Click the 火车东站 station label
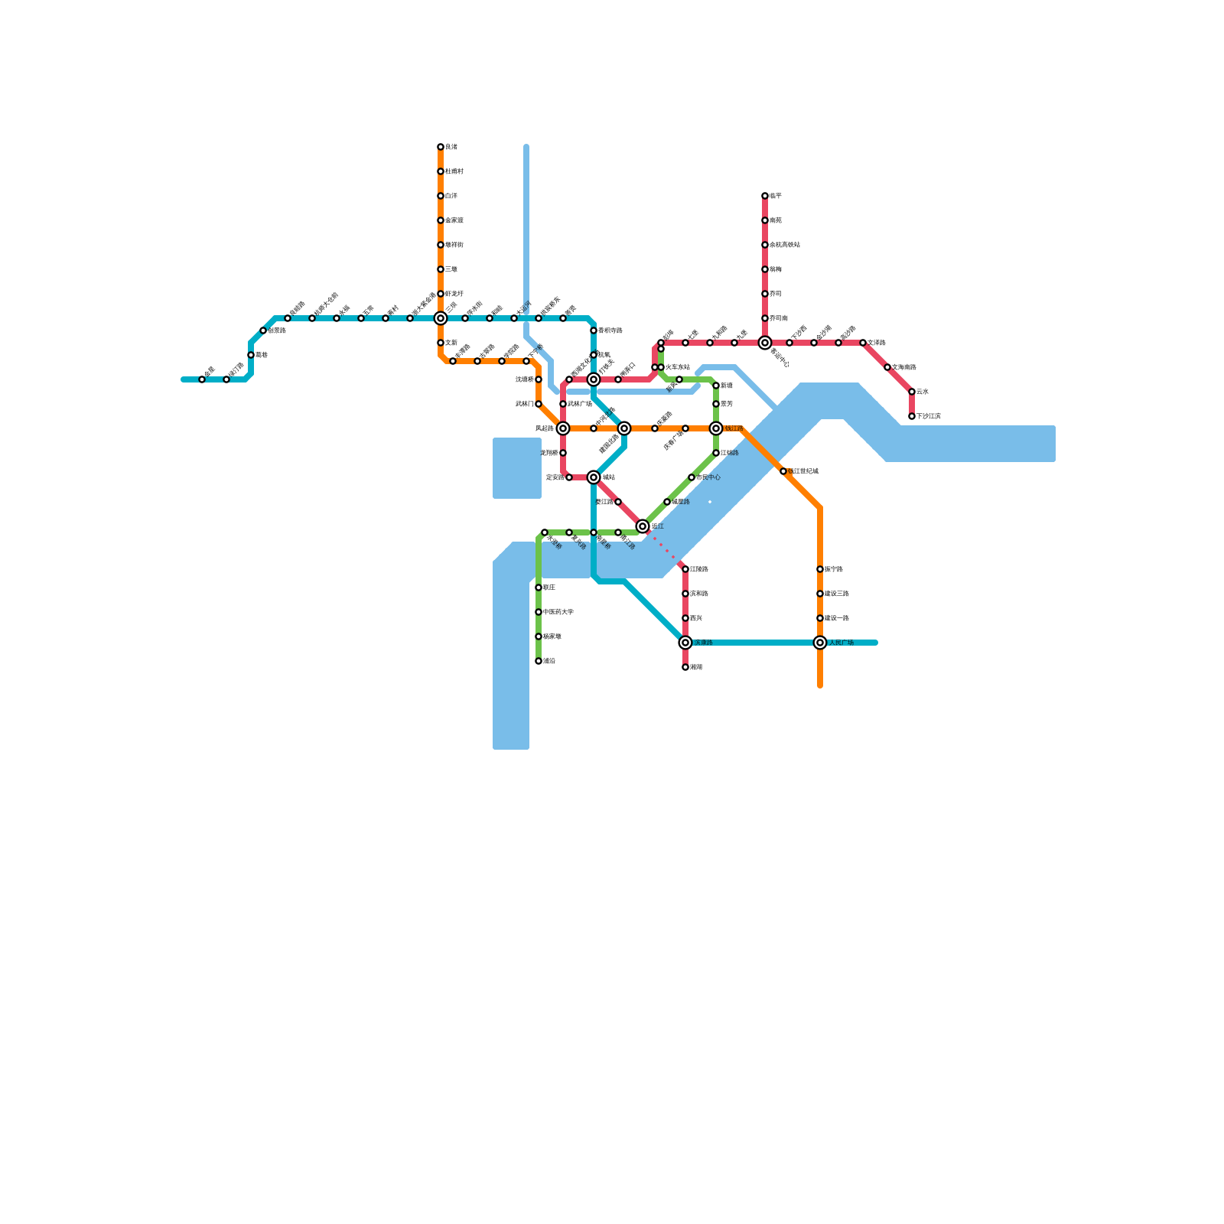tap(678, 367)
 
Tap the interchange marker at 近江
tap(643, 526)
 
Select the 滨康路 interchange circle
tap(685, 643)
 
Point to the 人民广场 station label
tap(841, 643)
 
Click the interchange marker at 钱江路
tap(716, 428)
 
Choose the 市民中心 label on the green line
tap(708, 477)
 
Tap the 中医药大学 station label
tap(558, 612)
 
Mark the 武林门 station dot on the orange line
tap(539, 404)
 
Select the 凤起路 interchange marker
tap(563, 428)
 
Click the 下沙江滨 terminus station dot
tap(912, 416)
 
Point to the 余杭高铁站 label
tap(785, 245)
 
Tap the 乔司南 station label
tap(779, 318)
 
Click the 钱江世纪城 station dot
tap(783, 471)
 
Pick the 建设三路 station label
tap(837, 594)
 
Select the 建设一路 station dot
tap(820, 618)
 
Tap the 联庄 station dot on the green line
tap(539, 588)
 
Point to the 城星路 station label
tap(681, 502)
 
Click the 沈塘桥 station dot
tap(539, 379)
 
